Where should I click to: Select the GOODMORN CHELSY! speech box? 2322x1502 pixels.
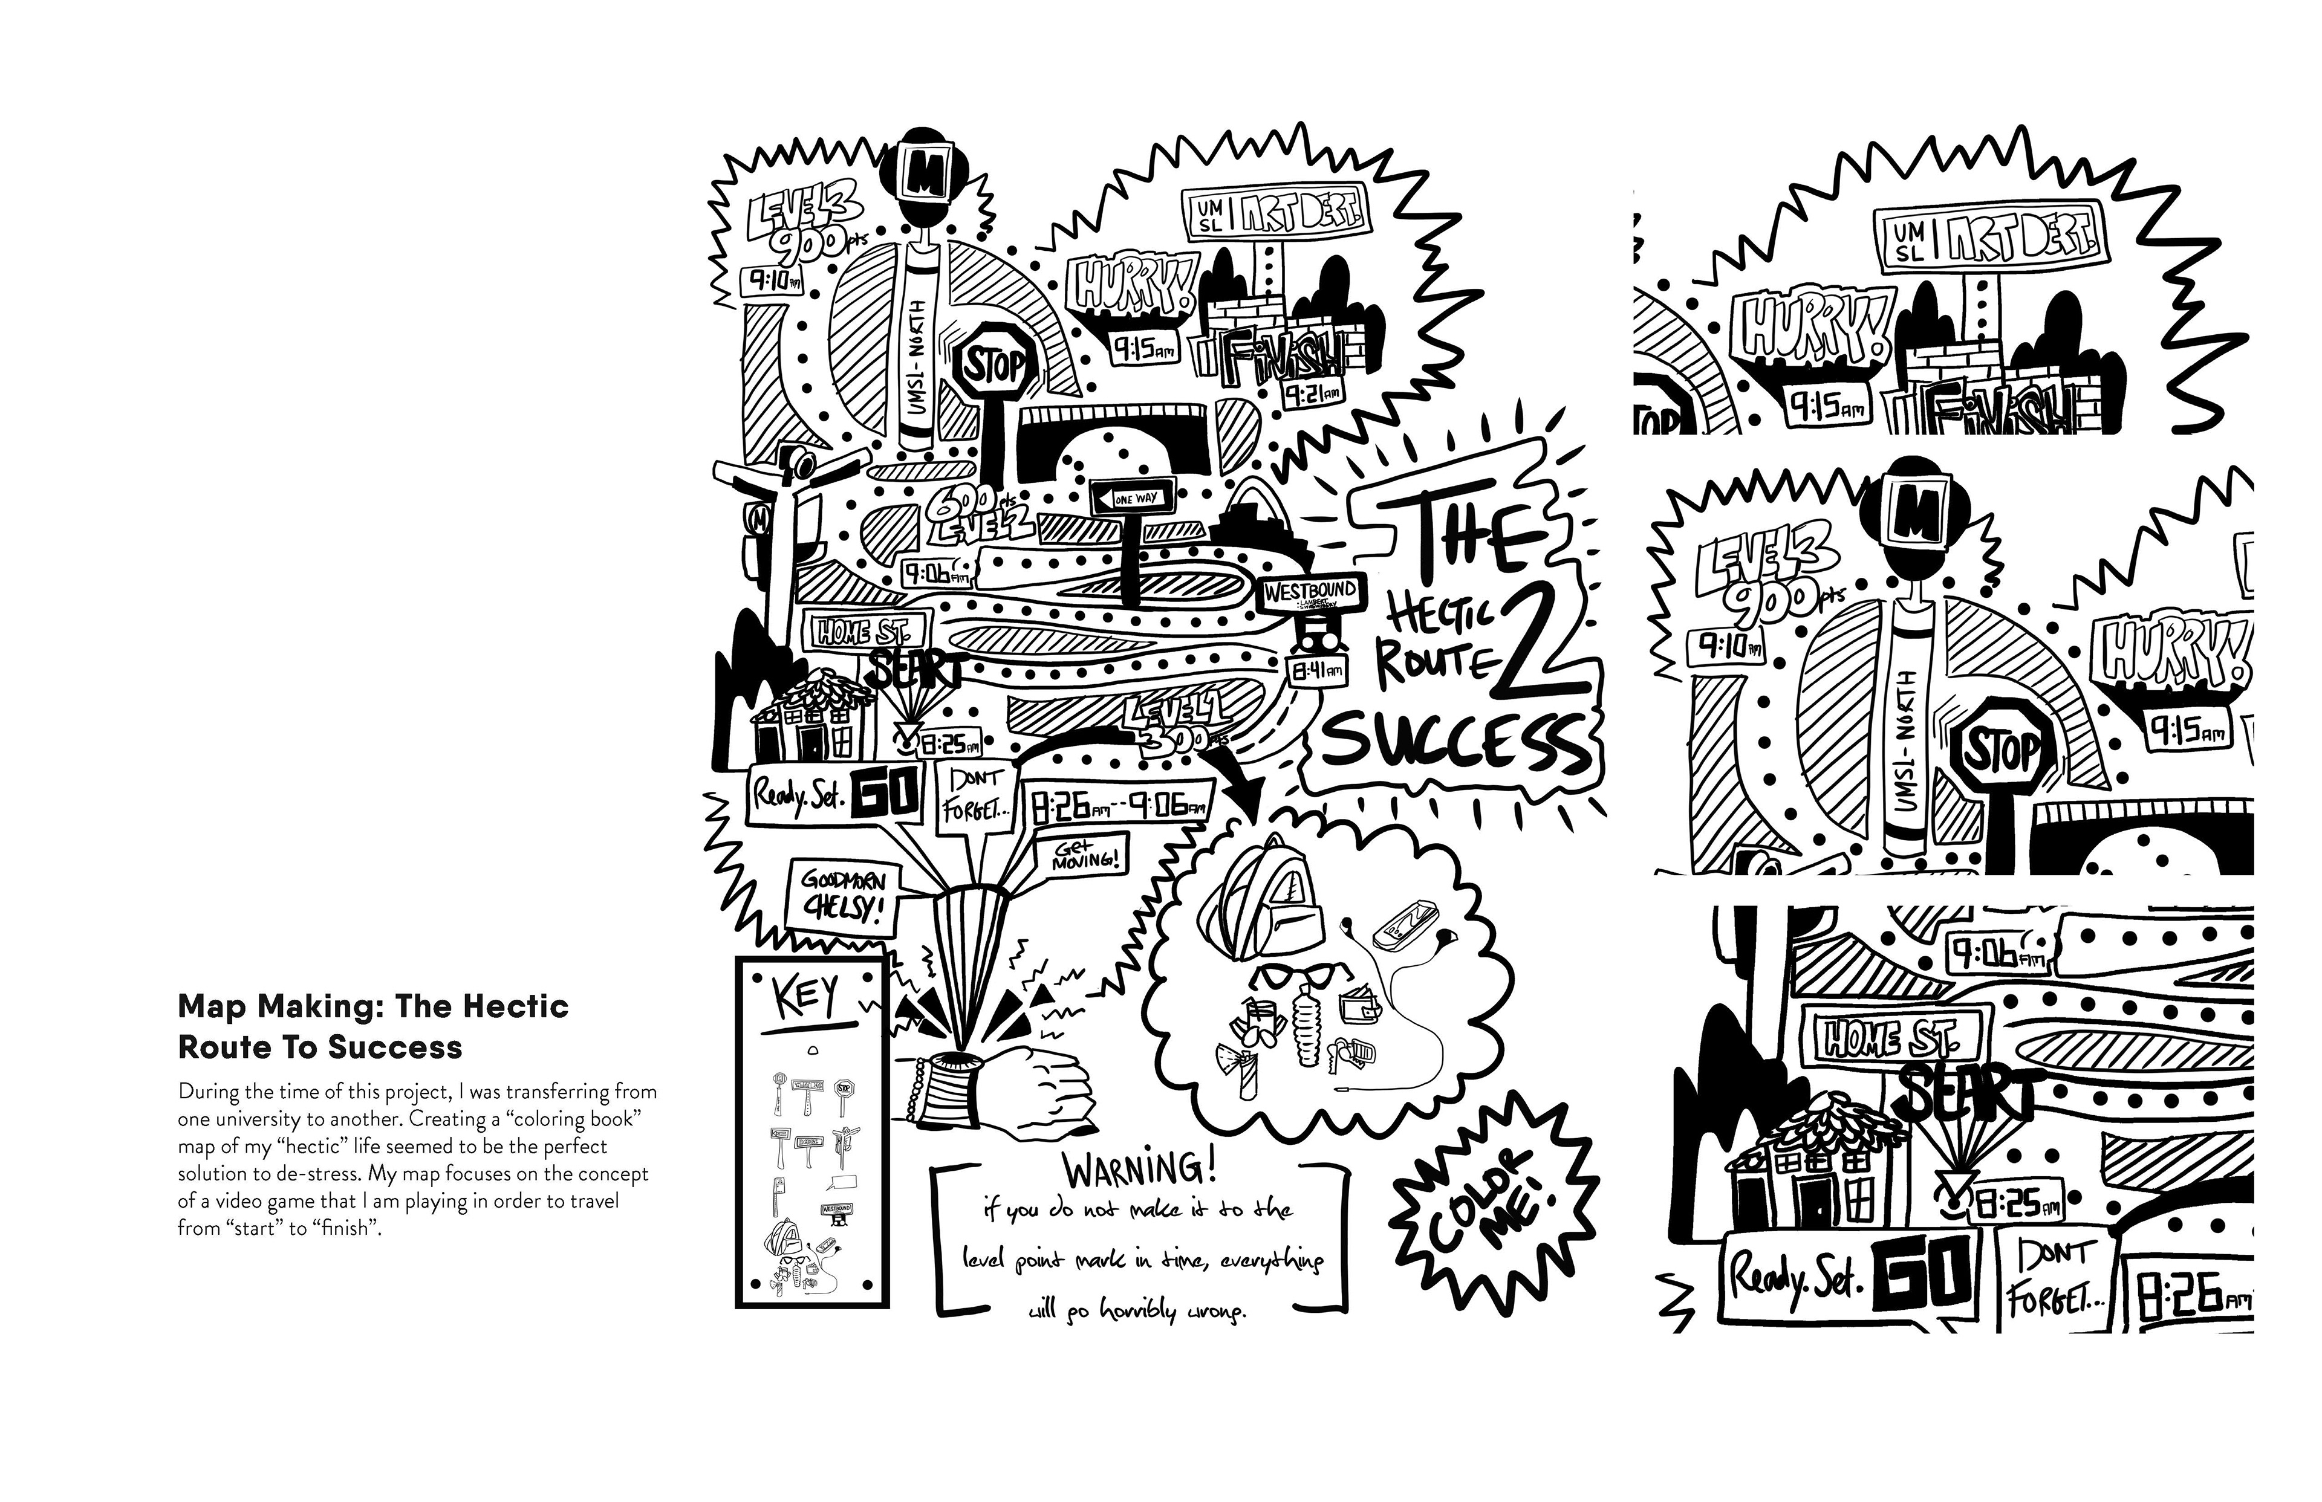click(844, 895)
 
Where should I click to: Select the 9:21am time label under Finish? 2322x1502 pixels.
click(1311, 394)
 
